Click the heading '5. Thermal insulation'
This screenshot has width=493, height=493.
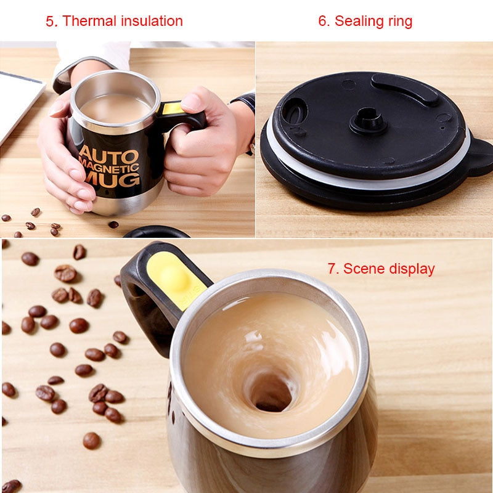114,21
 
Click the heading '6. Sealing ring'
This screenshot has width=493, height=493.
365,21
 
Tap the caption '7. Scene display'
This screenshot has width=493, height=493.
381,269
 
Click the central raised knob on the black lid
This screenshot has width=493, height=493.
369,120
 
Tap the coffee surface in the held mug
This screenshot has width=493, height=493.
115,108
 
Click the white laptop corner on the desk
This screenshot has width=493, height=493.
18,99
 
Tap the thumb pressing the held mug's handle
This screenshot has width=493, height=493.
196,102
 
